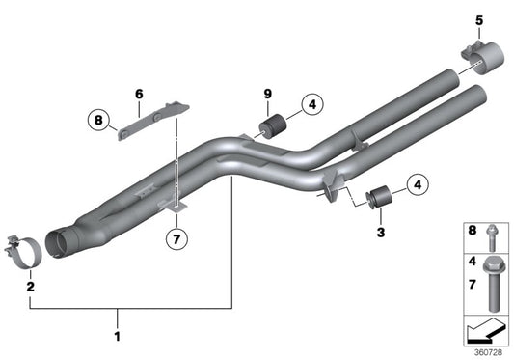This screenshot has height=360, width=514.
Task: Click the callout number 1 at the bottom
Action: click(x=119, y=337)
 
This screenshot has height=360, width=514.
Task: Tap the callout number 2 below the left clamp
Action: click(x=30, y=287)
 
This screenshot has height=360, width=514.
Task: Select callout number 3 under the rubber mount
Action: click(x=380, y=234)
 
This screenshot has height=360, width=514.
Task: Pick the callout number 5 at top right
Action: click(x=479, y=19)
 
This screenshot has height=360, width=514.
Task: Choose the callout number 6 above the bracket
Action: click(x=138, y=94)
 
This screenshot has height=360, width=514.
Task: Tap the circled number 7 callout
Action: click(x=175, y=236)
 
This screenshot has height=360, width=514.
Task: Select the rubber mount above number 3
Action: click(x=379, y=198)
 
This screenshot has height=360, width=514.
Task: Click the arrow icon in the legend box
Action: click(x=484, y=333)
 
